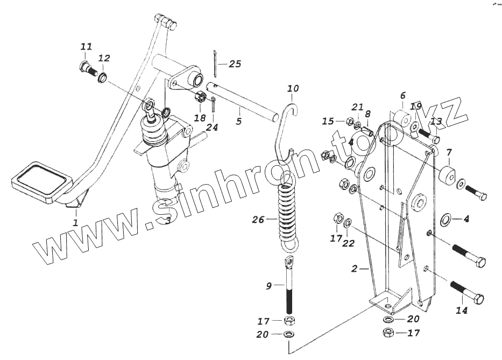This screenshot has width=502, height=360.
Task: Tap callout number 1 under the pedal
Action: click(75, 222)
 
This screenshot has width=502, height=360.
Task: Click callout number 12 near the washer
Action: click(104, 58)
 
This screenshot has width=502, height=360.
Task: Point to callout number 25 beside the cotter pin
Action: click(235, 63)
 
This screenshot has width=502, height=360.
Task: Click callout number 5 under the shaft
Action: click(238, 121)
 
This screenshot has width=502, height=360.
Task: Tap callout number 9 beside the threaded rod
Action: click(269, 286)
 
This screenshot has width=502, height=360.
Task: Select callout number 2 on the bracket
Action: click(353, 267)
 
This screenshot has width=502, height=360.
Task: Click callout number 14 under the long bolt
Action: click(462, 310)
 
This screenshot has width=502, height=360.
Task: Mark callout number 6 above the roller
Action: click(402, 96)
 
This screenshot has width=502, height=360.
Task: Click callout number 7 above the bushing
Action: click(449, 152)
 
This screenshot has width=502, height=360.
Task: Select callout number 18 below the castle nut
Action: click(200, 118)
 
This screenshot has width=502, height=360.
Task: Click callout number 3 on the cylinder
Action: click(168, 220)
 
